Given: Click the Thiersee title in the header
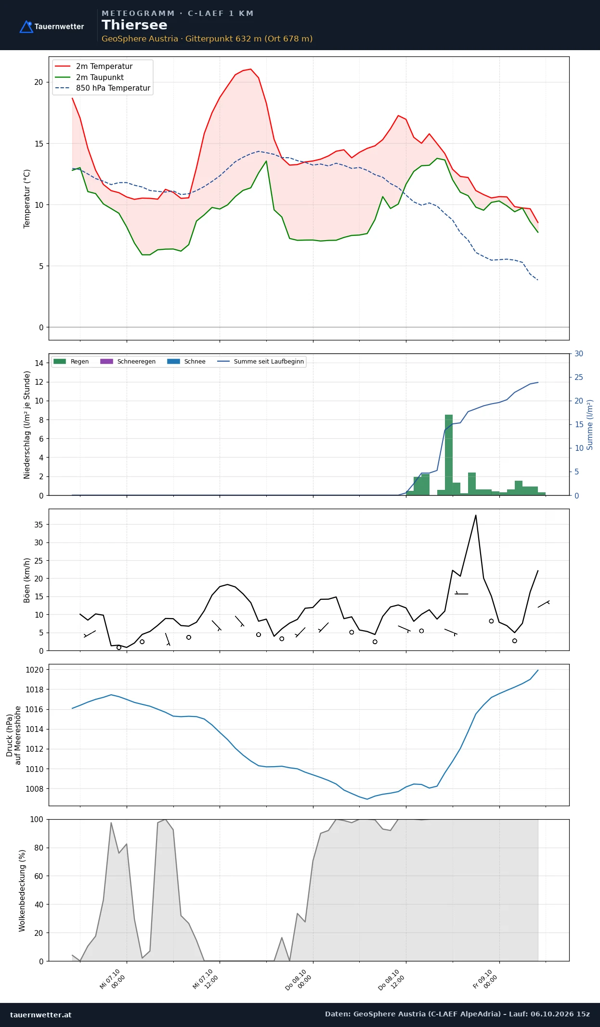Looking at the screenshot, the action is tap(134, 25).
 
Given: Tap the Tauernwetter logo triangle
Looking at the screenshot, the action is tap(26, 27).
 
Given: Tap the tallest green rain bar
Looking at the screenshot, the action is tap(449, 455).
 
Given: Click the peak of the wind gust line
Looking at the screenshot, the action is tap(476, 515).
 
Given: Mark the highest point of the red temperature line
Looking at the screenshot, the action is tap(250, 69).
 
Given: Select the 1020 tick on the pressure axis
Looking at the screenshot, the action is tap(35, 670).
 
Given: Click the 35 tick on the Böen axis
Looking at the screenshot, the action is tap(39, 525).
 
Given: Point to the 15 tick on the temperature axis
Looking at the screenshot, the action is tap(39, 144).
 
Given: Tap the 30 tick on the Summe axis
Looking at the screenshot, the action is tap(579, 354).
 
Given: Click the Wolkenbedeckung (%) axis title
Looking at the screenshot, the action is tap(22, 891).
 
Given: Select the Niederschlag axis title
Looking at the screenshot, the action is tap(27, 425).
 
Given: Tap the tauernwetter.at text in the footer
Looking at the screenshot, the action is tap(41, 1014).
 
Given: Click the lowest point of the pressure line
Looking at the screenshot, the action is tap(367, 799).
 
